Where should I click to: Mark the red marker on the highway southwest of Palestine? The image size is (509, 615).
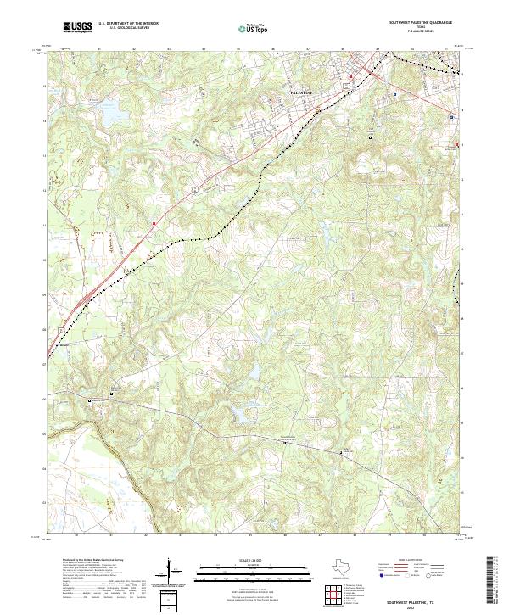coord(154,224)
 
